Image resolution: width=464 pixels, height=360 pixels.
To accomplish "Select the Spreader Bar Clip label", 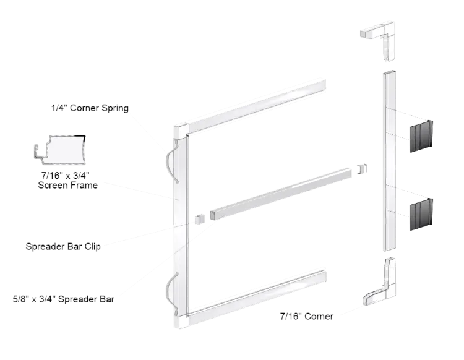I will click(64, 246).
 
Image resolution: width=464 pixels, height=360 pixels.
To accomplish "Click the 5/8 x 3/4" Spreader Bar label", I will click(64, 300).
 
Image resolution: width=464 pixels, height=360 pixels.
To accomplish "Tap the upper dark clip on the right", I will click(420, 136).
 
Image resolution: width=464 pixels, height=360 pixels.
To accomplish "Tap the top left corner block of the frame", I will click(180, 131).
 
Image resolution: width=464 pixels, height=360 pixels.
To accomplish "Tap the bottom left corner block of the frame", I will click(179, 322).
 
